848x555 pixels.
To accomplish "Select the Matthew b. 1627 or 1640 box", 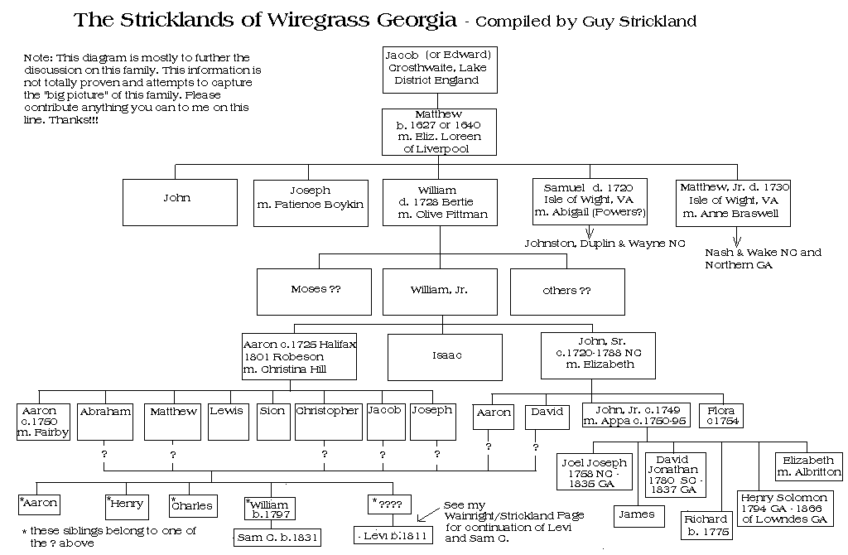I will click(439, 131).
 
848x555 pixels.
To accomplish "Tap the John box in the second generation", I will click(177, 202).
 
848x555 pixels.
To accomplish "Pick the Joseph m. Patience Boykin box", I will click(310, 202).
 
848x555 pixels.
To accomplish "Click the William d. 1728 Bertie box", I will click(439, 202).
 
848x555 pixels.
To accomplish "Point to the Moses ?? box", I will click(316, 291).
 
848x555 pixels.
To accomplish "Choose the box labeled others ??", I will click(567, 291).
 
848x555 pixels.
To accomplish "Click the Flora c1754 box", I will click(721, 415).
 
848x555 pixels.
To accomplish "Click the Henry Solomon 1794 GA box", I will click(783, 509).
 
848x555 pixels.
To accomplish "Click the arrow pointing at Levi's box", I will click(426, 515).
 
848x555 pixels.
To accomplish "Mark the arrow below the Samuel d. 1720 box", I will click(590, 232).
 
